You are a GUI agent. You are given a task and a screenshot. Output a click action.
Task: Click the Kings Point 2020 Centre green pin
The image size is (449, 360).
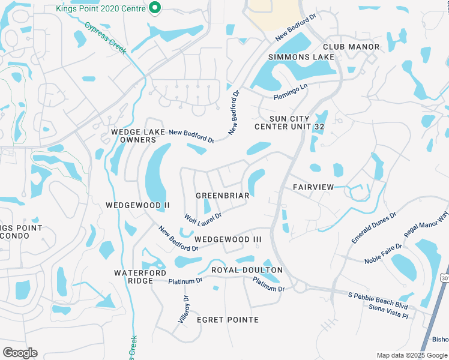coord(155,8)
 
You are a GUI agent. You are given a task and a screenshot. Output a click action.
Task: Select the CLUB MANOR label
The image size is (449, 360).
coord(351,47)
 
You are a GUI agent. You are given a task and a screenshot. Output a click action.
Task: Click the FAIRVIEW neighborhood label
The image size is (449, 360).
coord(313,187)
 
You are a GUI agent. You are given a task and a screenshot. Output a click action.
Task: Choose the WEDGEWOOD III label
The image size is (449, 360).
coord(228,239)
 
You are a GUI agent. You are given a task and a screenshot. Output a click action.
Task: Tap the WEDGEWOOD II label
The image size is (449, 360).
coord(137,205)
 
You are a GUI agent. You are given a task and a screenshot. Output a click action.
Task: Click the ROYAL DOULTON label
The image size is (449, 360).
coord(247,270)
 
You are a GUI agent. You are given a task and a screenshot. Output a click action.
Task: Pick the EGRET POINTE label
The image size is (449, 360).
coord(228,320)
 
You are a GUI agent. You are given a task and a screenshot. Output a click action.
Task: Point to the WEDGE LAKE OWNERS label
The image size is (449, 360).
coord(134,136)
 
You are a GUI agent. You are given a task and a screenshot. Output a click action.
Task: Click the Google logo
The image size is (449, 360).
coord(20,352)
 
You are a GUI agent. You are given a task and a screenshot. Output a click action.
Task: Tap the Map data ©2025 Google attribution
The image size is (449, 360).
coord(412,355)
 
